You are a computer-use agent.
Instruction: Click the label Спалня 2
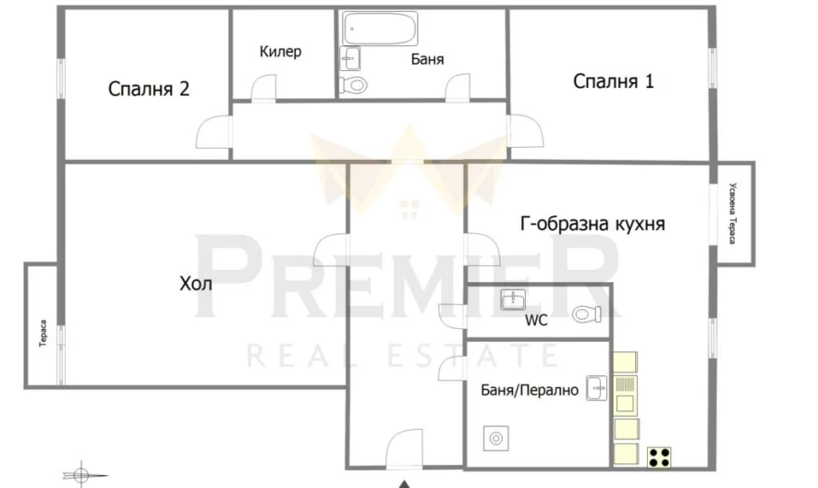(149, 90)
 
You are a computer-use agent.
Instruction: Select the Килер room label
(280, 52)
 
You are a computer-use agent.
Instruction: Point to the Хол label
(195, 284)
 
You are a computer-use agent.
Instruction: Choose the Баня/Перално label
(530, 391)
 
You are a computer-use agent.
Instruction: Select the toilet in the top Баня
(354, 85)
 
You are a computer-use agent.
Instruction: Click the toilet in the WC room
(587, 315)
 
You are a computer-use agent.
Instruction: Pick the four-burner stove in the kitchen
(660, 456)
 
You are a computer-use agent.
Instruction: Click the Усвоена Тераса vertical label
(732, 213)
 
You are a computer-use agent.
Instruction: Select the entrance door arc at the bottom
(404, 447)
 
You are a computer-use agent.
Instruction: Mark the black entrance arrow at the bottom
(404, 483)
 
